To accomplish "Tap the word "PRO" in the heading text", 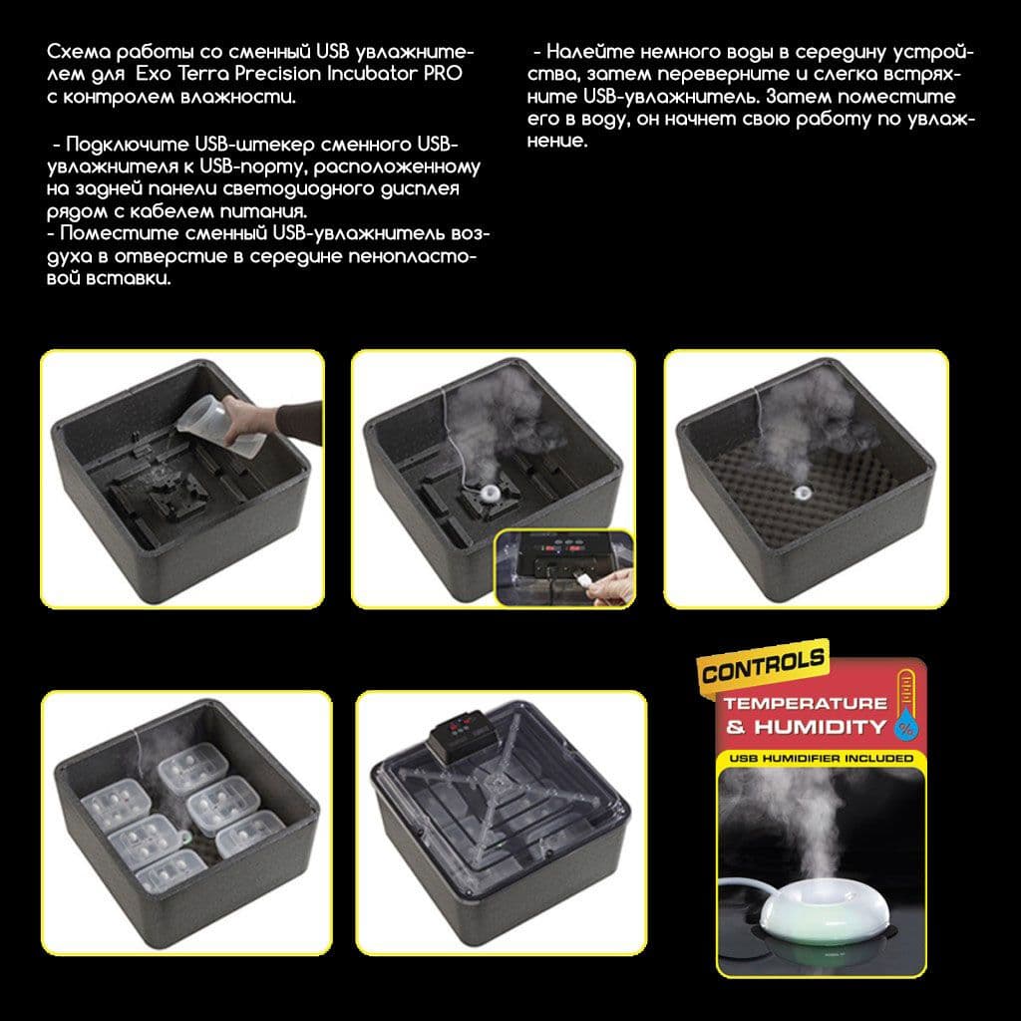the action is (444, 73).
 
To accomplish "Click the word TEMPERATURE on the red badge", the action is (805, 704).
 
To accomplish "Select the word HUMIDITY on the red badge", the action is (820, 727).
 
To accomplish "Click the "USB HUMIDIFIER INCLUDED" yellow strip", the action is (822, 758).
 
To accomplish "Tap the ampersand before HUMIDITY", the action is (736, 727).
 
